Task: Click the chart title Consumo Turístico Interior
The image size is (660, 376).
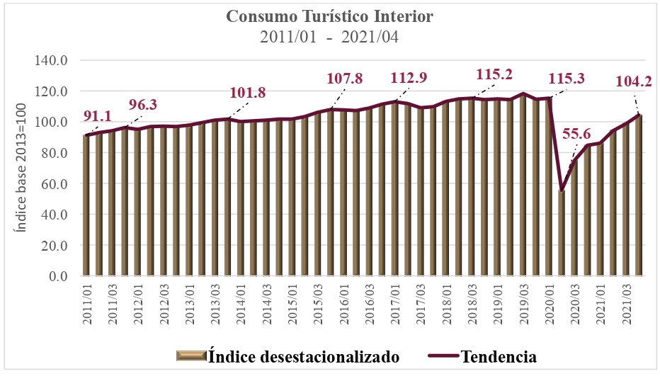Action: pos(329,16)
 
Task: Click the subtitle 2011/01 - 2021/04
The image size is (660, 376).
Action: pos(329,37)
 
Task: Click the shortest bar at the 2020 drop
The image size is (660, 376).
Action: pos(562,234)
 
